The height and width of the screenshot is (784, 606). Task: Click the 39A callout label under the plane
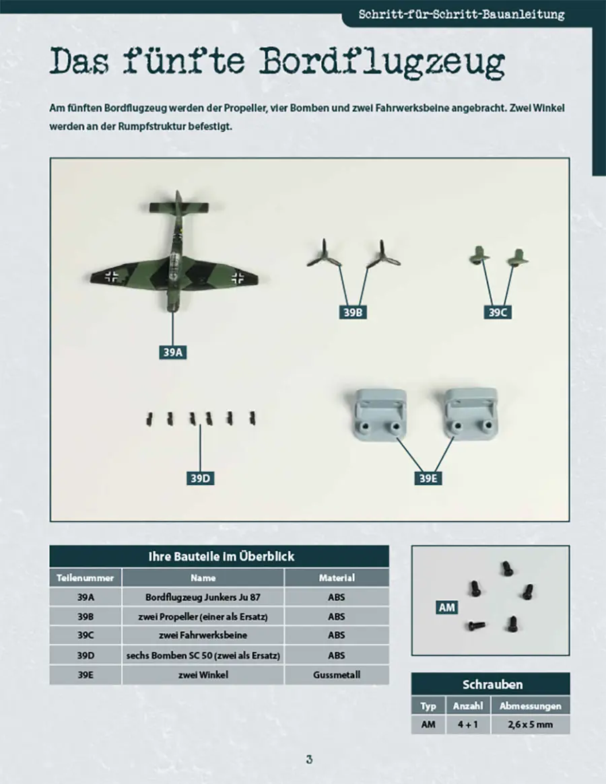click(x=172, y=353)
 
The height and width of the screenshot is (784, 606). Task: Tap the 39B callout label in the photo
click(x=353, y=312)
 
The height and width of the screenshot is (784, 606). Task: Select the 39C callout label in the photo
click(x=498, y=312)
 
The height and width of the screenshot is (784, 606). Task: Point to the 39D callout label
click(x=200, y=478)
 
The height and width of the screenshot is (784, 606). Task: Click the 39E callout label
click(x=428, y=478)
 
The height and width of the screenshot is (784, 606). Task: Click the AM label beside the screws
click(x=447, y=608)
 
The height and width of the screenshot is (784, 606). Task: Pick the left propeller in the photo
click(x=325, y=255)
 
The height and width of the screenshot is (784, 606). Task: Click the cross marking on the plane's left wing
click(x=111, y=275)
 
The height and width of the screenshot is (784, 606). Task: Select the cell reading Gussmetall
click(x=337, y=675)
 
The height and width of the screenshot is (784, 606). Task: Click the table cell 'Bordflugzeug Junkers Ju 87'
click(x=203, y=597)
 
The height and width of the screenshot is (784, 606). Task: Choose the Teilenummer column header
click(x=86, y=577)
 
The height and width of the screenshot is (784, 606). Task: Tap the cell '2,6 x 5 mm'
click(x=531, y=725)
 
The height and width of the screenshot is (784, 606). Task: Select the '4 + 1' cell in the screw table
click(x=468, y=725)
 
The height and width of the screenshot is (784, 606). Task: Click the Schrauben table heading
click(x=492, y=684)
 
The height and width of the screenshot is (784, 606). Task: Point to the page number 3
click(x=309, y=760)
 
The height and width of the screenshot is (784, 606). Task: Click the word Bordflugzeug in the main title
click(x=382, y=62)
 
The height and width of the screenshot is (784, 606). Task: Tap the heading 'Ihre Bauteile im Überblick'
click(x=221, y=557)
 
